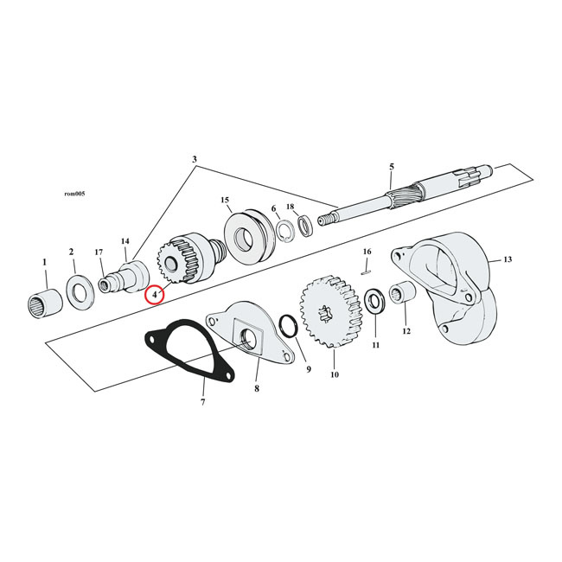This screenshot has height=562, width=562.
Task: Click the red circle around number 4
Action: click(154, 295)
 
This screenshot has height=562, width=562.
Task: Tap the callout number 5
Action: click(391, 166)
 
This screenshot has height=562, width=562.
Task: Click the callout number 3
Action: click(195, 160)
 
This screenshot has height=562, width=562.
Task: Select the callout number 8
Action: click(256, 390)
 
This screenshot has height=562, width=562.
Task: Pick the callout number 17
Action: click(99, 252)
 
